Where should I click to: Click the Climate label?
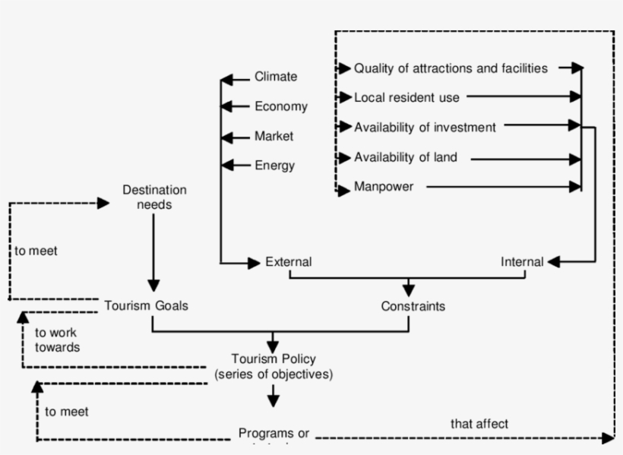click(276, 77)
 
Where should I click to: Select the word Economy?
click(280, 106)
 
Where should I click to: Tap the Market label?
click(274, 137)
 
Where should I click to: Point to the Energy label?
click(274, 166)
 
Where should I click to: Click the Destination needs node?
click(154, 197)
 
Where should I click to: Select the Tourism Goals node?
click(146, 305)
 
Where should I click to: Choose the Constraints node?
click(413, 306)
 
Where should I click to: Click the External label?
click(288, 262)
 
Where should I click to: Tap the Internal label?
click(522, 262)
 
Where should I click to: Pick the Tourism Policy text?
click(274, 359)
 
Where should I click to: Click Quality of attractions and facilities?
click(451, 68)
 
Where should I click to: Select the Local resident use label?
click(406, 97)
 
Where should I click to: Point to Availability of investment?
click(425, 128)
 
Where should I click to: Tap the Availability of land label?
click(406, 158)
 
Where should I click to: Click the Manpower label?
click(384, 187)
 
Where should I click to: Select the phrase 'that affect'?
click(479, 424)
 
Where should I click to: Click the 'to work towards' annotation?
click(57, 340)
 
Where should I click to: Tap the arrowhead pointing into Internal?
click(553, 262)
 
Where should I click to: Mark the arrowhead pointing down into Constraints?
click(409, 289)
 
